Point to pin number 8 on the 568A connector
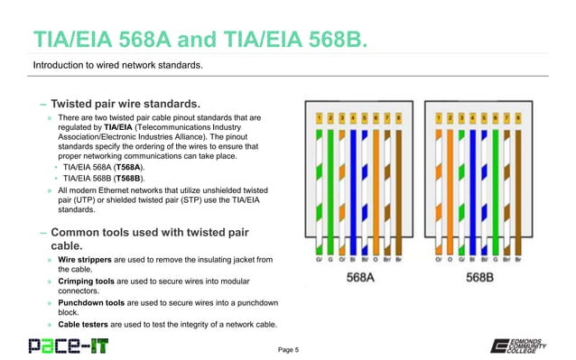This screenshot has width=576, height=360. coord(399,117)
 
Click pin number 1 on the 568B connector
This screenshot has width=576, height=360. coord(438,117)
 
